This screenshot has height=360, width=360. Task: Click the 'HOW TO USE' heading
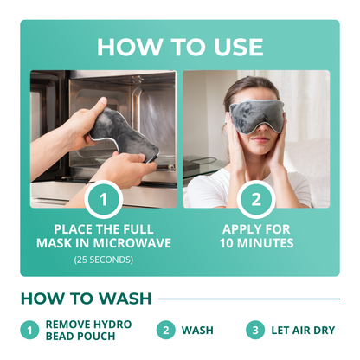(x=179, y=45)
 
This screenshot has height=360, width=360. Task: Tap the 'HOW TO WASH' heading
(x=85, y=299)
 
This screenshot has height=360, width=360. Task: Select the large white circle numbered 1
(x=103, y=200)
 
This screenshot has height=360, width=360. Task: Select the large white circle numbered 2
(x=256, y=200)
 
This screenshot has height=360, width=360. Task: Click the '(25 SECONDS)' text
(x=103, y=259)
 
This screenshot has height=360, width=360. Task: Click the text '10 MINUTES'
(x=256, y=244)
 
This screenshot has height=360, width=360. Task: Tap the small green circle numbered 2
(x=164, y=330)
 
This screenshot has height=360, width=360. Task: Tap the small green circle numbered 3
(x=254, y=330)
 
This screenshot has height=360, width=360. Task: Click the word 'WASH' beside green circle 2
(x=197, y=330)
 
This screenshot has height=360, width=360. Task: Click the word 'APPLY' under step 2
(x=237, y=229)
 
